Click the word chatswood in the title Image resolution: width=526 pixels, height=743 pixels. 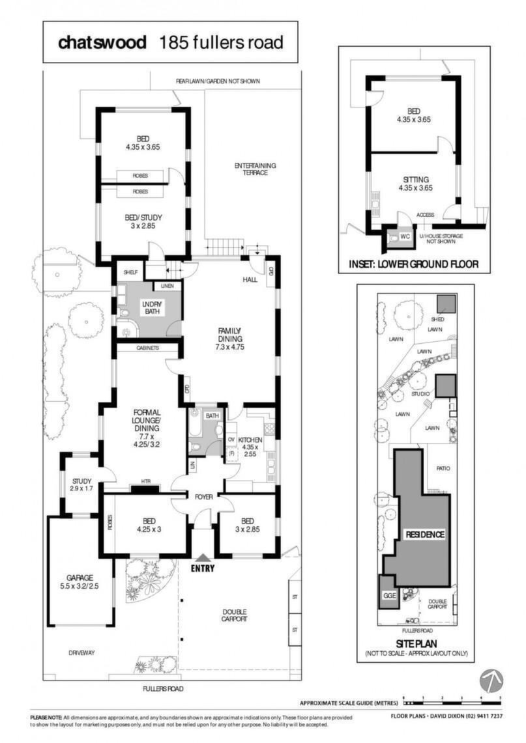(x=102, y=42)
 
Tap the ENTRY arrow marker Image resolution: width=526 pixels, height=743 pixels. (x=203, y=559)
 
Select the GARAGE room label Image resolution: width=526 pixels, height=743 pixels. (x=80, y=578)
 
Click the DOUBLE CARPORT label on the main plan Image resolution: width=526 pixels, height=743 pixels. (x=234, y=615)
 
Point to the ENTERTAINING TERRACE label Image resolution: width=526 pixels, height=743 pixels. (x=255, y=169)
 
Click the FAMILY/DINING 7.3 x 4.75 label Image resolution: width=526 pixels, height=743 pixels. (x=230, y=339)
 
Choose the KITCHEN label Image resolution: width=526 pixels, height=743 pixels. (x=250, y=440)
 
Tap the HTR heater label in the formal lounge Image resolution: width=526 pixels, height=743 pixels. (x=145, y=481)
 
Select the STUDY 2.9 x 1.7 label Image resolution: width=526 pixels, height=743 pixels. (x=81, y=484)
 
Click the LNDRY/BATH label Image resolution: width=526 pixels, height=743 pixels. (x=152, y=307)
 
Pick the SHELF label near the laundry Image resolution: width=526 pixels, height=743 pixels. (x=130, y=272)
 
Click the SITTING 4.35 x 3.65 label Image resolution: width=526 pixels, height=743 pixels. (x=415, y=184)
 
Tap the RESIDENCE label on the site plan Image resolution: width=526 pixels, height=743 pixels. (x=425, y=535)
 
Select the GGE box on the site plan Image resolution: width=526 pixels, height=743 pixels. (x=389, y=592)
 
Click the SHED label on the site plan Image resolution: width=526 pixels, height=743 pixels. (x=437, y=319)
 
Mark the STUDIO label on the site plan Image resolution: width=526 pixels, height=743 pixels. (x=420, y=394)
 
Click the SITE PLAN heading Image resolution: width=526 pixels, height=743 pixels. (x=416, y=643)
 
